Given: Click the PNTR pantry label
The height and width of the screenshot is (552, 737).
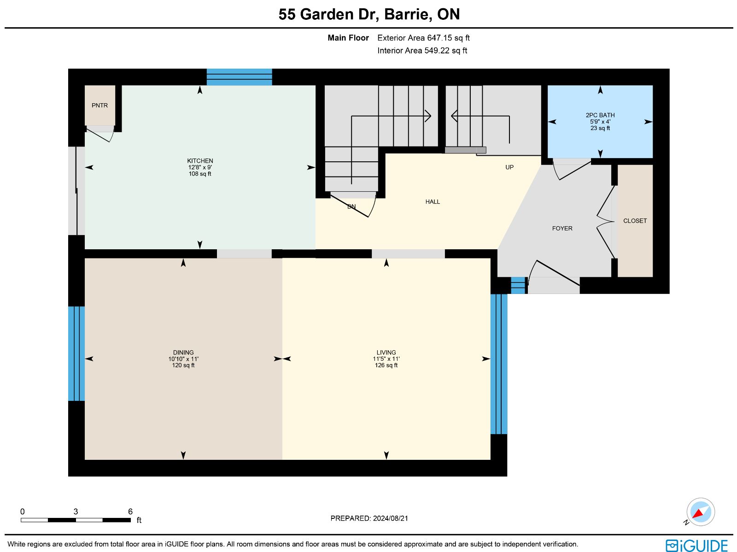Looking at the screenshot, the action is coord(99,106).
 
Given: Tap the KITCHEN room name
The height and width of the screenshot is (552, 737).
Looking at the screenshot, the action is coord(200,161).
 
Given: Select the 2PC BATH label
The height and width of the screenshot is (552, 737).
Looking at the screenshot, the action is coord(600,115).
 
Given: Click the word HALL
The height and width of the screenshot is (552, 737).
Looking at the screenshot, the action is coord(433,202).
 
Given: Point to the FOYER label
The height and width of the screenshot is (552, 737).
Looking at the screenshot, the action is coord(562,229).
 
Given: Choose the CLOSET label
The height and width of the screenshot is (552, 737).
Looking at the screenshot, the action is coord(635,221).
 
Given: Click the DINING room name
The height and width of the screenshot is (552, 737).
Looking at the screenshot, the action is coord(183,352).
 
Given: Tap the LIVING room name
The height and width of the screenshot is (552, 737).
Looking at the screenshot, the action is coord(386,352).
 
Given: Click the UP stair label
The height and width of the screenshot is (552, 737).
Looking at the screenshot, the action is coord(509,167).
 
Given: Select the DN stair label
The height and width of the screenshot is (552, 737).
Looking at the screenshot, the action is coord(351,206).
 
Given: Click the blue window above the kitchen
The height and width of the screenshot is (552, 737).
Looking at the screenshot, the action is coord(239,77).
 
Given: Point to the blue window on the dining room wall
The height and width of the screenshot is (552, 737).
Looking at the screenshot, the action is coord(76,353).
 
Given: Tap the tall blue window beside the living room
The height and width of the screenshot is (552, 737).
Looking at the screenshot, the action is coord(498,364).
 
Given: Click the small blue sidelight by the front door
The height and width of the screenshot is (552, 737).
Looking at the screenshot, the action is coord(518,285).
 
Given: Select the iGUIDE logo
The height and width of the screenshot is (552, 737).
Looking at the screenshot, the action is coord(697,545).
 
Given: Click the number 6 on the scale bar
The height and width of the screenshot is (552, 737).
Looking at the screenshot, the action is coord(130,511).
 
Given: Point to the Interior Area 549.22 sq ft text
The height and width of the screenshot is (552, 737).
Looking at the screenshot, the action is coord(422,51).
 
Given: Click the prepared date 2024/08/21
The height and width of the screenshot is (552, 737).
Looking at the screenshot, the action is coord(390,518).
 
